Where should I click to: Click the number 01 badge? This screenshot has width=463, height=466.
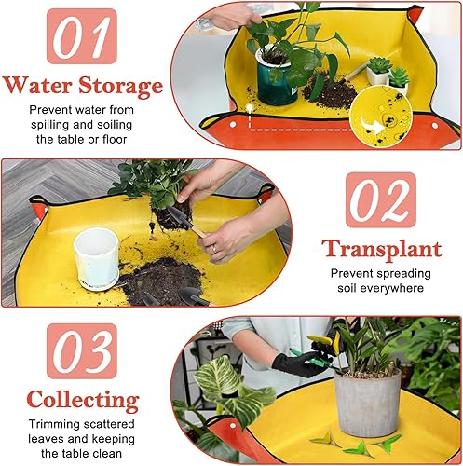pos(81,36)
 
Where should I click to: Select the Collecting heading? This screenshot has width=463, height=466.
pos(82,401)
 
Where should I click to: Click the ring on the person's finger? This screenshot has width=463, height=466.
pos(214,250)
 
